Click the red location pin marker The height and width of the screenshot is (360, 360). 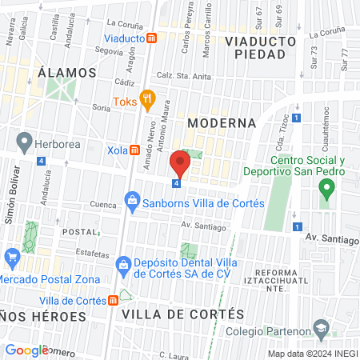click(180, 165)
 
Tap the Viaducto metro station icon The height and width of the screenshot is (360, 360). click(151, 37)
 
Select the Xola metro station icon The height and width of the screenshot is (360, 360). click(135, 150)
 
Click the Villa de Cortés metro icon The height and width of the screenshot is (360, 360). click(114, 300)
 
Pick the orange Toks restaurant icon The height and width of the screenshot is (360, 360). click(147, 101)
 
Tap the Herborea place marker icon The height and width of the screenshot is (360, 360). click(24, 143)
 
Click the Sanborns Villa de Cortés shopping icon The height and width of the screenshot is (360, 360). click(132, 203)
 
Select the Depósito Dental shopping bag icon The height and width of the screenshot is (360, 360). click(123, 264)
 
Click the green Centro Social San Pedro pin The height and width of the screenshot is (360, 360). click(326, 191)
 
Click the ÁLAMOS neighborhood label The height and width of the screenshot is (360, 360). click(66, 72)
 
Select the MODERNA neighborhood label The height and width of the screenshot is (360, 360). click(221, 123)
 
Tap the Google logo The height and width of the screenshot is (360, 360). click(26, 350)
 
